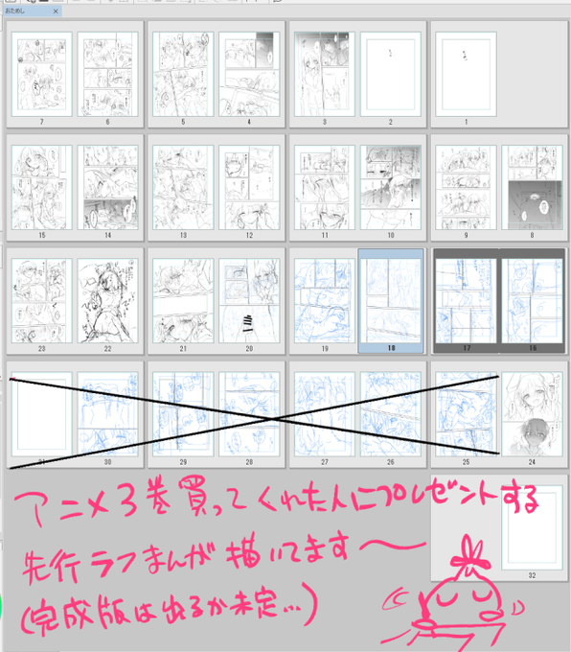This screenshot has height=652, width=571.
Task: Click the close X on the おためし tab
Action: click(56, 12)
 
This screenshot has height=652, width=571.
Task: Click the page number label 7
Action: click(41, 123)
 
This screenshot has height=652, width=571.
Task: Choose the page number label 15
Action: click(41, 236)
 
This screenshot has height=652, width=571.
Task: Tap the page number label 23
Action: click(41, 349)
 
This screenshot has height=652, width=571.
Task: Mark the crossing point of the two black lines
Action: click(272, 420)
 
